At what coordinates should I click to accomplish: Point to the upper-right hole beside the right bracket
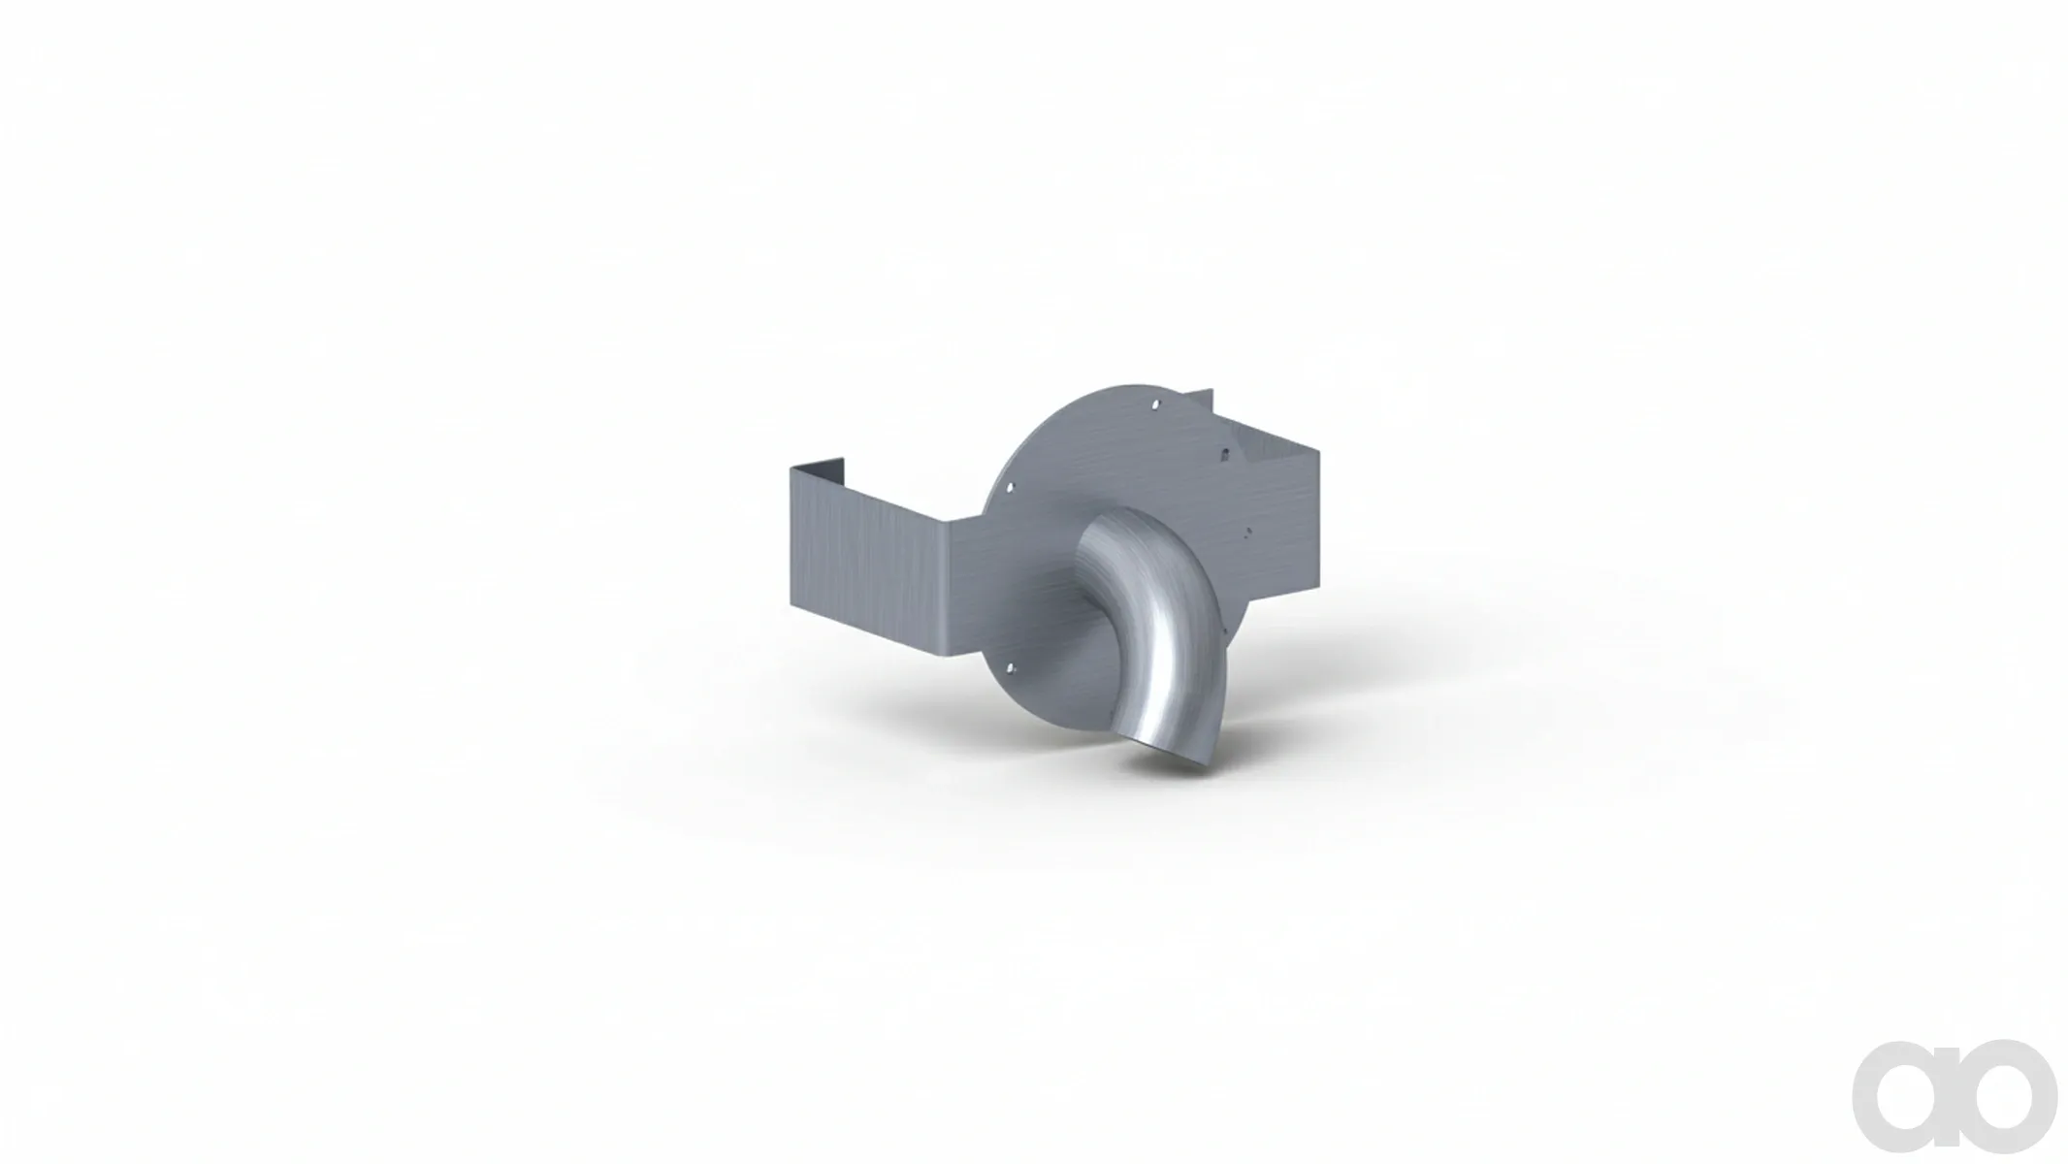(x=1225, y=453)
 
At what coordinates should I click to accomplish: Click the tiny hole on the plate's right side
(x=1248, y=532)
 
